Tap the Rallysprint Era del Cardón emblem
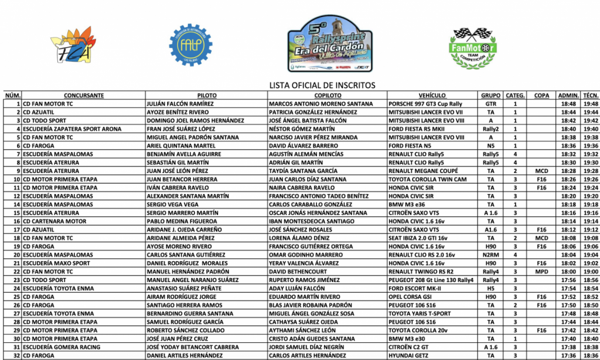pyautogui.click(x=330, y=44)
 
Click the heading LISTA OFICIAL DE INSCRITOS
pyautogui.click(x=322, y=86)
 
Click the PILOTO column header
pyautogui.click(x=207, y=95)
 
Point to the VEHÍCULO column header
pyautogui.click(x=432, y=95)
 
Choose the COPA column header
pyautogui.click(x=541, y=95)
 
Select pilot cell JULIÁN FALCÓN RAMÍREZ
pyautogui.click(x=180, y=104)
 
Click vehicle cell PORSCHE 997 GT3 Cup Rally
pyautogui.click(x=425, y=104)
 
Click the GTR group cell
pyautogui.click(x=490, y=104)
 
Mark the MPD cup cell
pyautogui.click(x=541, y=272)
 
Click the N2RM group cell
pyautogui.click(x=490, y=255)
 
